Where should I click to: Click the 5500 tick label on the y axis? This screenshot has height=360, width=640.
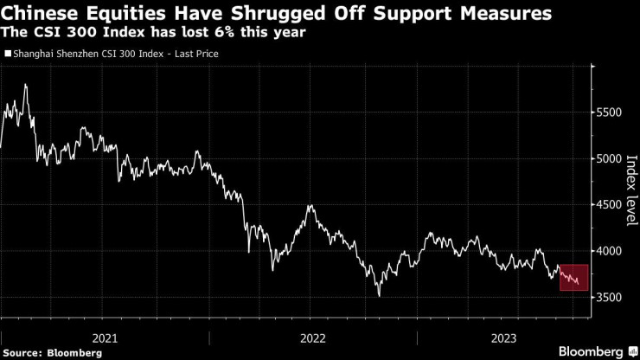tap(611, 113)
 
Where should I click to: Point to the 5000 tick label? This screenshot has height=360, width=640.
tap(611, 159)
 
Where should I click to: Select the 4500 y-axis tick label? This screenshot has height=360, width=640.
tap(611, 205)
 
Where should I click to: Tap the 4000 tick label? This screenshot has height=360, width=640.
tap(611, 251)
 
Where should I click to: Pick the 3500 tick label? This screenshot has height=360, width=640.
tap(611, 297)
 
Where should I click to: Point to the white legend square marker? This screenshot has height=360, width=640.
tap(9, 54)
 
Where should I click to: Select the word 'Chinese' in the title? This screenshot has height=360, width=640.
tap(43, 14)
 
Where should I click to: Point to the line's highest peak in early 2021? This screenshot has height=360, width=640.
tap(25, 85)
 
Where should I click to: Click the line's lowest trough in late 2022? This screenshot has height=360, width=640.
tap(379, 296)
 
